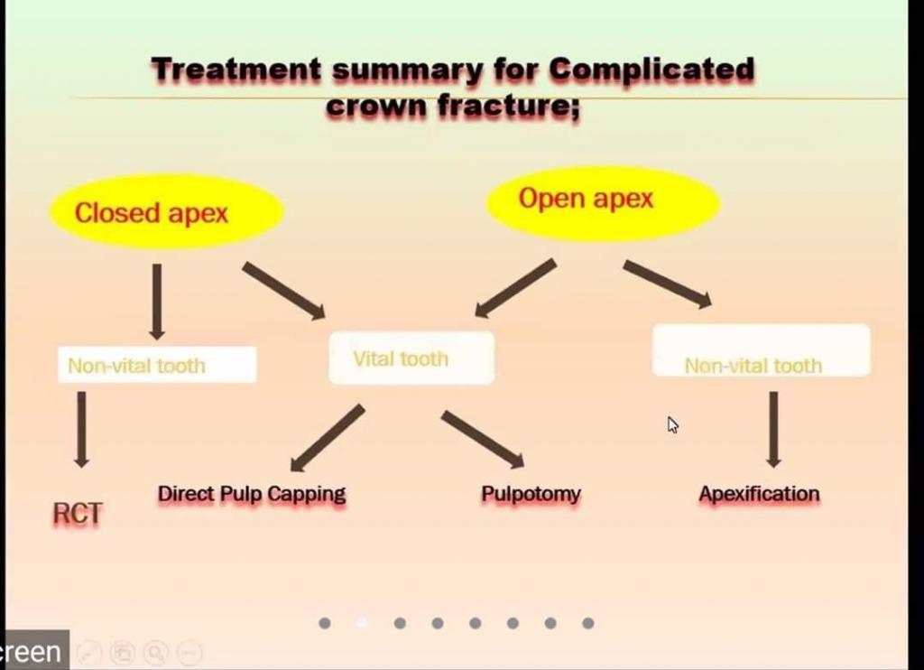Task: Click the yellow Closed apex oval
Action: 166,212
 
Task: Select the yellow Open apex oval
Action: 603,201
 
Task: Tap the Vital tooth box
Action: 411,358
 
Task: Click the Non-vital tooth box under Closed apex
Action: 157,365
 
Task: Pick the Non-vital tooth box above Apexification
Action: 761,350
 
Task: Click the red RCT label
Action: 78,513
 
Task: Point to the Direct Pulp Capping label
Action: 252,494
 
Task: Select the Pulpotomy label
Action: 531,494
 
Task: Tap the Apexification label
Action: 759,494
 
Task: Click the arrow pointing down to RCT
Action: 81,429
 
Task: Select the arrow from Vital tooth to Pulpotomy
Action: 482,440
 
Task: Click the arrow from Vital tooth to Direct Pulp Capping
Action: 327,438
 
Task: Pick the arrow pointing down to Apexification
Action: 773,429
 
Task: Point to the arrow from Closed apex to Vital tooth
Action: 283,290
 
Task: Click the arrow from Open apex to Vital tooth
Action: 515,288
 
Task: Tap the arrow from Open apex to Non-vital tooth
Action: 667,284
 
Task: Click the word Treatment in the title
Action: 236,69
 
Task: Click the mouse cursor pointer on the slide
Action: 672,424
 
